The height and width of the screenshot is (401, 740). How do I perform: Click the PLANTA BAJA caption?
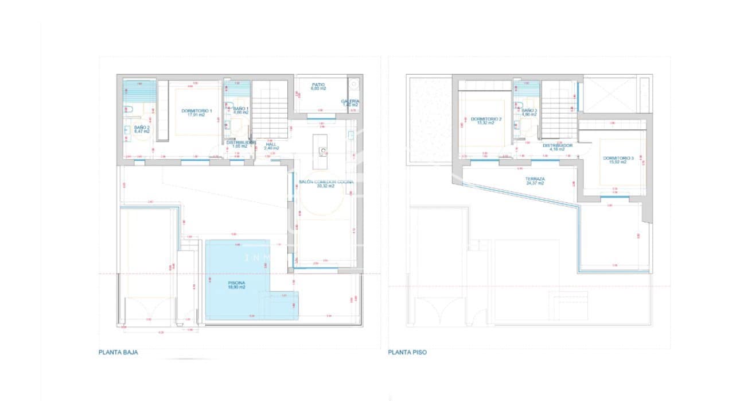[118, 353]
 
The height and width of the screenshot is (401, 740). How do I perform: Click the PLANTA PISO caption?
[407, 353]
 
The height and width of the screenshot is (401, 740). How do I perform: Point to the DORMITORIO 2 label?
[486, 119]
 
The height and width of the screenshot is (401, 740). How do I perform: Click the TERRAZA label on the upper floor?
[535, 179]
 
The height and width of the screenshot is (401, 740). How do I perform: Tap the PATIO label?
[318, 84]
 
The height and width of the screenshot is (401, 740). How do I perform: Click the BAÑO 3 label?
[528, 110]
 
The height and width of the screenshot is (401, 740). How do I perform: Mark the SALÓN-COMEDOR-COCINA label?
[326, 182]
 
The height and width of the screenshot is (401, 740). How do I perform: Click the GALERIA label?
[350, 100]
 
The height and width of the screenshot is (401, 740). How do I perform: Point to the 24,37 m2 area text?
[535, 184]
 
